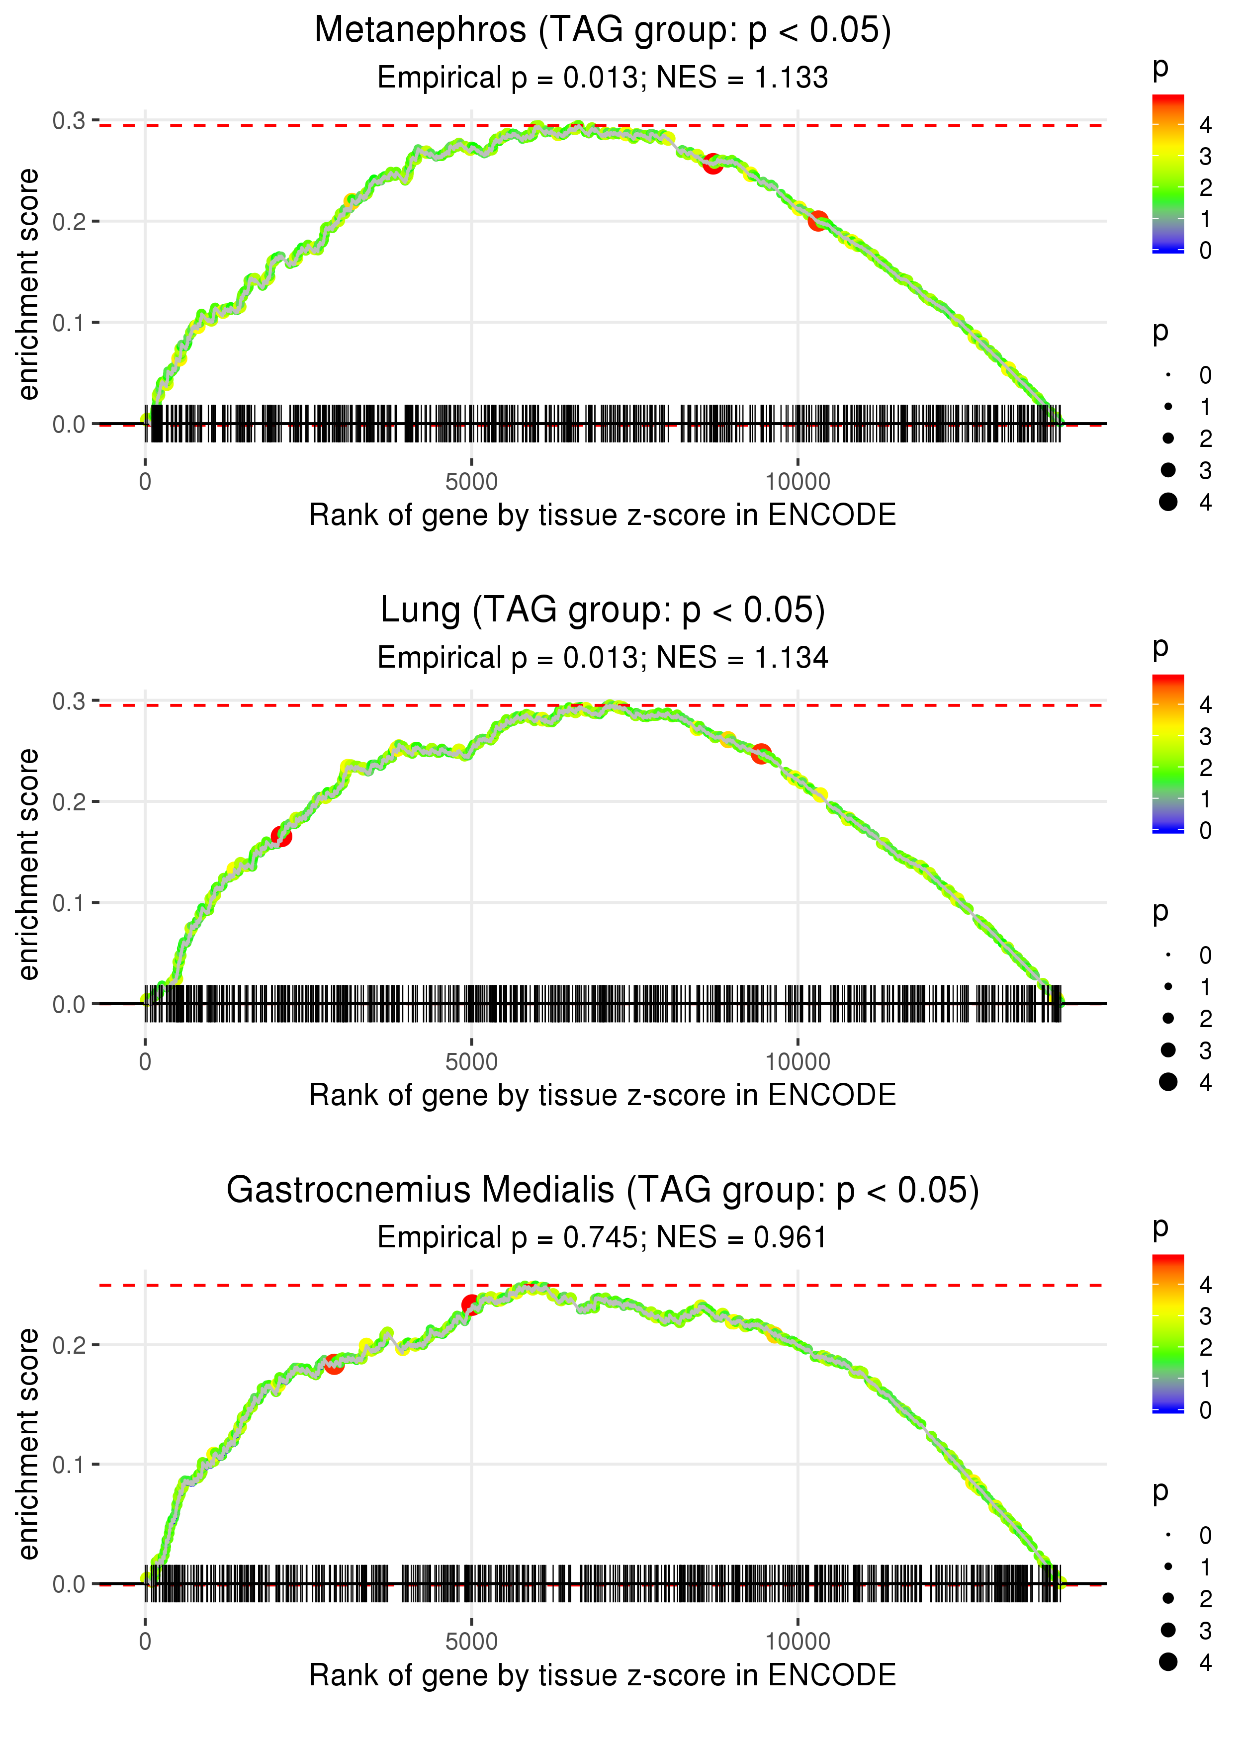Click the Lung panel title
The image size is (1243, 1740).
[603, 610]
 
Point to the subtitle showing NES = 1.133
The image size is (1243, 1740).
[603, 78]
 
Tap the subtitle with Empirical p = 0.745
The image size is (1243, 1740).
[603, 1238]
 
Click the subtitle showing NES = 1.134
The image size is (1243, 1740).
[603, 658]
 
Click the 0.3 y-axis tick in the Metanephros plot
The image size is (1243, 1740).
[69, 121]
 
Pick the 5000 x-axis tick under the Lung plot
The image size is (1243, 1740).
[471, 1062]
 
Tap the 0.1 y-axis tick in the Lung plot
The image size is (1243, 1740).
[69, 903]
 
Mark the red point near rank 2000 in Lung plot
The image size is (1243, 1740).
[281, 836]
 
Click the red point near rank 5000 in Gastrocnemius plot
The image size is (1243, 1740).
[471, 1305]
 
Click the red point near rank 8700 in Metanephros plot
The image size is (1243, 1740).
[712, 164]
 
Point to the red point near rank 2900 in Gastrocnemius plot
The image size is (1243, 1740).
[334, 1364]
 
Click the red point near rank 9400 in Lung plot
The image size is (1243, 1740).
[761, 754]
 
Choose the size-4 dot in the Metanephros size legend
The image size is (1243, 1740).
[1168, 502]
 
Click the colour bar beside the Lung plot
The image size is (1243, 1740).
[1167, 754]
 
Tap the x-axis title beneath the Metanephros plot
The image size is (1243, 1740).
[603, 516]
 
